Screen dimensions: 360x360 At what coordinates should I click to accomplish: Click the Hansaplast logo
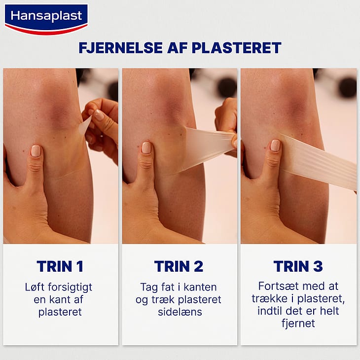pos(46,19)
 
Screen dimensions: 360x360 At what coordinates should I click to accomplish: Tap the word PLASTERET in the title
pos(237,48)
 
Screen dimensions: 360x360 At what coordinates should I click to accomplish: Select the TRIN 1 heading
pos(60,266)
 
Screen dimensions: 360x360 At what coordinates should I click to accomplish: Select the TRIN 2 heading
pos(179,266)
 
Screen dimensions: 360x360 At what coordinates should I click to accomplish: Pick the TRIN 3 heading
pos(298,266)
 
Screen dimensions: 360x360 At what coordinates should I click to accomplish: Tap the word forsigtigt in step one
pos(70,288)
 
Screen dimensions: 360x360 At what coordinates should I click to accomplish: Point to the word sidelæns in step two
pos(180,312)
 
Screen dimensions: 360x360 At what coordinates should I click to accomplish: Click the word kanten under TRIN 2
pos(200,287)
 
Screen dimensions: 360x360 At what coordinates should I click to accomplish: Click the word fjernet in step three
pos(298,324)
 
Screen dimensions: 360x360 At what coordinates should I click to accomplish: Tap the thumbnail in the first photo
pos(36,151)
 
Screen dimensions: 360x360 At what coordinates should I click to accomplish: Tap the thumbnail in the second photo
pos(146,147)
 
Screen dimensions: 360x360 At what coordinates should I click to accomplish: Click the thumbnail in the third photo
pos(275,145)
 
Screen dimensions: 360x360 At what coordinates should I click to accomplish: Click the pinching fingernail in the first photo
pos(99,115)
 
